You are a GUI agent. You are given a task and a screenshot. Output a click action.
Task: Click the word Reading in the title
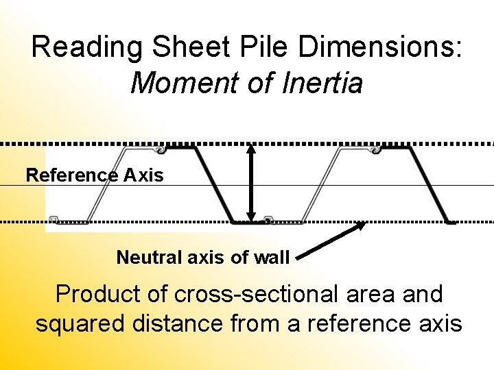click(x=87, y=48)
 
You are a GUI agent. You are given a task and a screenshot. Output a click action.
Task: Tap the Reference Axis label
click(x=95, y=175)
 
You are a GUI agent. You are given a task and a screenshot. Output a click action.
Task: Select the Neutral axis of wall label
click(x=203, y=258)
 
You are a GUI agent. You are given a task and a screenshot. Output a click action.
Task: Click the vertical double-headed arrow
click(x=251, y=182)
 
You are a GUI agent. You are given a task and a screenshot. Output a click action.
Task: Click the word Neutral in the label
click(x=142, y=258)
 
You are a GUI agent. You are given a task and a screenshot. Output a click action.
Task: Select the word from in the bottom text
click(x=253, y=323)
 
